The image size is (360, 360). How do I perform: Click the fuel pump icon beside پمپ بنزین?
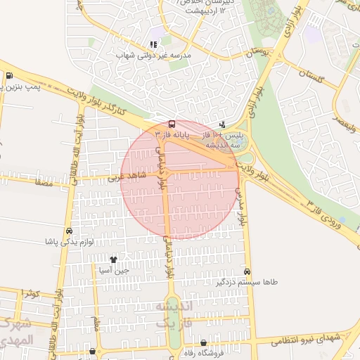(x=8, y=76)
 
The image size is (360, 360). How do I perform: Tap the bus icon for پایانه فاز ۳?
(x=172, y=124)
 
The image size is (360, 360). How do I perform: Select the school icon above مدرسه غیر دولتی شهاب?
(x=153, y=45)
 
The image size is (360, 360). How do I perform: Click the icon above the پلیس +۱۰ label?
(x=223, y=124)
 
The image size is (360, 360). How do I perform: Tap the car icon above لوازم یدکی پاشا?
(x=69, y=231)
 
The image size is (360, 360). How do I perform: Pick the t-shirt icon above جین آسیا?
(x=113, y=259)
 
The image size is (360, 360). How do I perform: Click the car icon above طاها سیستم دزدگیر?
(x=247, y=271)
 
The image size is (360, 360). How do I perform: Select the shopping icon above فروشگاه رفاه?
(x=203, y=343)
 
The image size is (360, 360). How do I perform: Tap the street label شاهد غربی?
(x=128, y=176)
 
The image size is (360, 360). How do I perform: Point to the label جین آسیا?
(x=114, y=269)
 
